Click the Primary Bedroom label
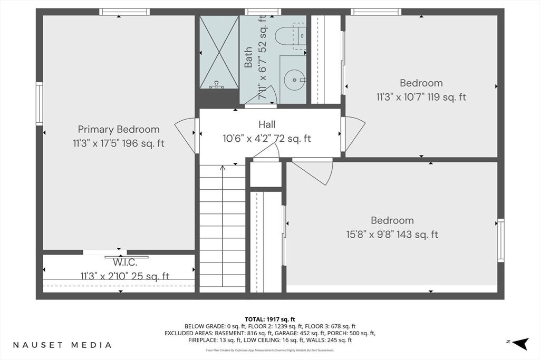pyautogui.click(x=119, y=129)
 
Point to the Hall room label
pyautogui.click(x=267, y=125)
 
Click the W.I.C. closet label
pyautogui.click(x=124, y=263)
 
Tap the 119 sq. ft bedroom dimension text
pyautogui.click(x=421, y=97)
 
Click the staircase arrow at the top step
pyautogui.click(x=223, y=169)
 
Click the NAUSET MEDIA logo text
pyautogui.click(x=62, y=345)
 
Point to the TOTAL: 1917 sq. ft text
pyautogui.click(x=269, y=319)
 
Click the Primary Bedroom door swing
pyautogui.click(x=186, y=134)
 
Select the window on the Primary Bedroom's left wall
pyautogui.click(x=40, y=104)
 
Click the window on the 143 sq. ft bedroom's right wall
pyautogui.click(x=500, y=240)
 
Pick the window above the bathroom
pyautogui.click(x=263, y=12)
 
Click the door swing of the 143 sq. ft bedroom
pyautogui.click(x=315, y=171)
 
